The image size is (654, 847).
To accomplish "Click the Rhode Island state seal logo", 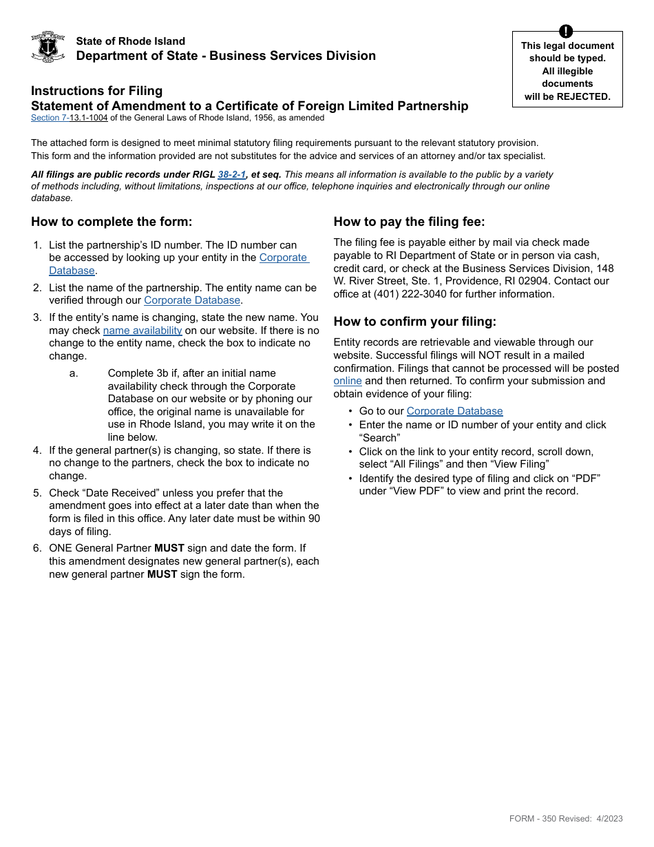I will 48,47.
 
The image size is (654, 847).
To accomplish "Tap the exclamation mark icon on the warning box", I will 566,31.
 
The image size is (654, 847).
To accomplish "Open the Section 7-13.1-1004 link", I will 69,118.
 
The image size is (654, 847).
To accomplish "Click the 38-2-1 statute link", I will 232,174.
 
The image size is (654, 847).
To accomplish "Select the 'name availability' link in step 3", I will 143,331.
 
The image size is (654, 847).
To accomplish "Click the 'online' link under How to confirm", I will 348,381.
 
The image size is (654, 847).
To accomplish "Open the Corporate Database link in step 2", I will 192,300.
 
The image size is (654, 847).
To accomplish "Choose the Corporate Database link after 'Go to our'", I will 454,411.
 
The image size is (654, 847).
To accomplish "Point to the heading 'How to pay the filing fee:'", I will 409,222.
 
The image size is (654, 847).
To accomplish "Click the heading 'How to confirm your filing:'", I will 414,322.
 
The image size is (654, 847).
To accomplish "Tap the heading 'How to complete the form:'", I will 112,222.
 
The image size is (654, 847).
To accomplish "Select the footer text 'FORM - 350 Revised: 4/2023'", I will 565,819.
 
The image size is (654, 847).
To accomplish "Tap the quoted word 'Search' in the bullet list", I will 379,438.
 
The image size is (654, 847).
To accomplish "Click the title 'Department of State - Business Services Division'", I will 226,56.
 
